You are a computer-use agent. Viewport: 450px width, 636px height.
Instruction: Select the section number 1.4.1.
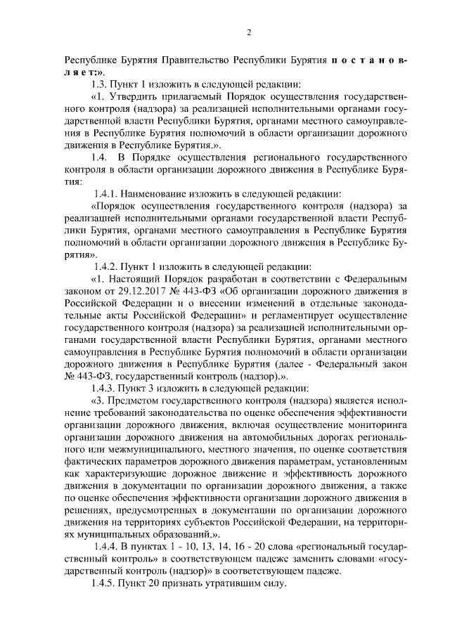tap(108, 193)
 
